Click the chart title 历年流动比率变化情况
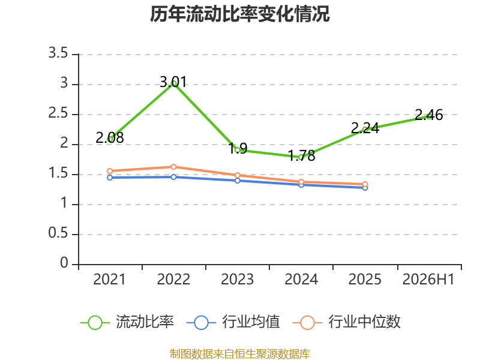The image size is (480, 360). (239, 14)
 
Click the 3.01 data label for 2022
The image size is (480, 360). (173, 82)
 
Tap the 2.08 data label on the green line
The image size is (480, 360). (110, 138)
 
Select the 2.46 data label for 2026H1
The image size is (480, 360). (428, 115)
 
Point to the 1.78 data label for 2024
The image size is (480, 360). (302, 156)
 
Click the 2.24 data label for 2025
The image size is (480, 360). (365, 128)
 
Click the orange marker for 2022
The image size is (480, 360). (173, 167)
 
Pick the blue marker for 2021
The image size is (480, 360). (110, 178)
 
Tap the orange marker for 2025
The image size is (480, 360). (365, 184)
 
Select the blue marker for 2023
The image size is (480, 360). (237, 181)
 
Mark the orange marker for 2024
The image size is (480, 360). (301, 182)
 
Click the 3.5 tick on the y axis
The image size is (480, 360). (58, 53)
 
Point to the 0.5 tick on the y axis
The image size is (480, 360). (58, 233)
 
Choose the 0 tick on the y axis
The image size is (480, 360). (64, 263)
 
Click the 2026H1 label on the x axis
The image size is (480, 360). (428, 280)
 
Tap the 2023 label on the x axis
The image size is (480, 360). (237, 280)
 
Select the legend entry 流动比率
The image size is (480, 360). (127, 322)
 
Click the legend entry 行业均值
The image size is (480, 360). (233, 322)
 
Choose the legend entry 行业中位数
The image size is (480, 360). (347, 322)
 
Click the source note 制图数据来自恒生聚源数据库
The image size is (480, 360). (240, 354)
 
